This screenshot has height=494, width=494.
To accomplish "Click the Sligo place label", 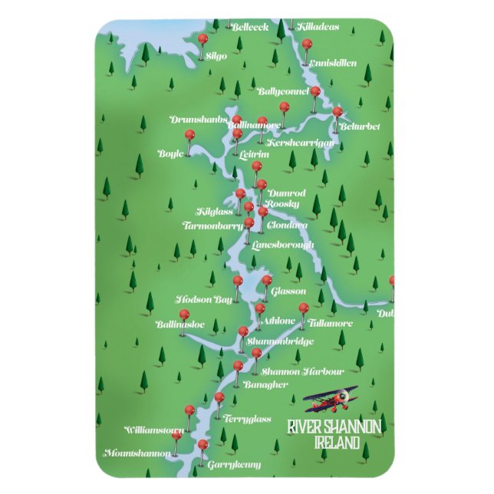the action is pos(217,56).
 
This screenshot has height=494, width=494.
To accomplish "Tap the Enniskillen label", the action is pos(334,63).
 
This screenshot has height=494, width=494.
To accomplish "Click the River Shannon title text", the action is pos(334,427).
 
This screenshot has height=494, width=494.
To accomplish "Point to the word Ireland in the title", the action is pos(337,443).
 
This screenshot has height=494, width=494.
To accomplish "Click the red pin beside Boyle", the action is pos(189,136).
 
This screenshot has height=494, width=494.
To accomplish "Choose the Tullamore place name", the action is pos(332,323).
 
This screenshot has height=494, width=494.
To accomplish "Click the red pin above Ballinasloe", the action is pos(183,315).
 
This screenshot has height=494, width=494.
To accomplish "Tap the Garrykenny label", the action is pos(235,464).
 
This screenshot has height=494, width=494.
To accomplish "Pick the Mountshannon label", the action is pos(138,453).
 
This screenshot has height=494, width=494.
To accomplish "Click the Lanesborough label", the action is pos(283,245).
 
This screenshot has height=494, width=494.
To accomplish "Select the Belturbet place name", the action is pos(360,126).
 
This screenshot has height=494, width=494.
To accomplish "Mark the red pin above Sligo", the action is pos(203,39).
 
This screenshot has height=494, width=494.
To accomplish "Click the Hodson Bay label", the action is pos(203,299).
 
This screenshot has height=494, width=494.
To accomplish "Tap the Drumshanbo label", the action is pos(198,120).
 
